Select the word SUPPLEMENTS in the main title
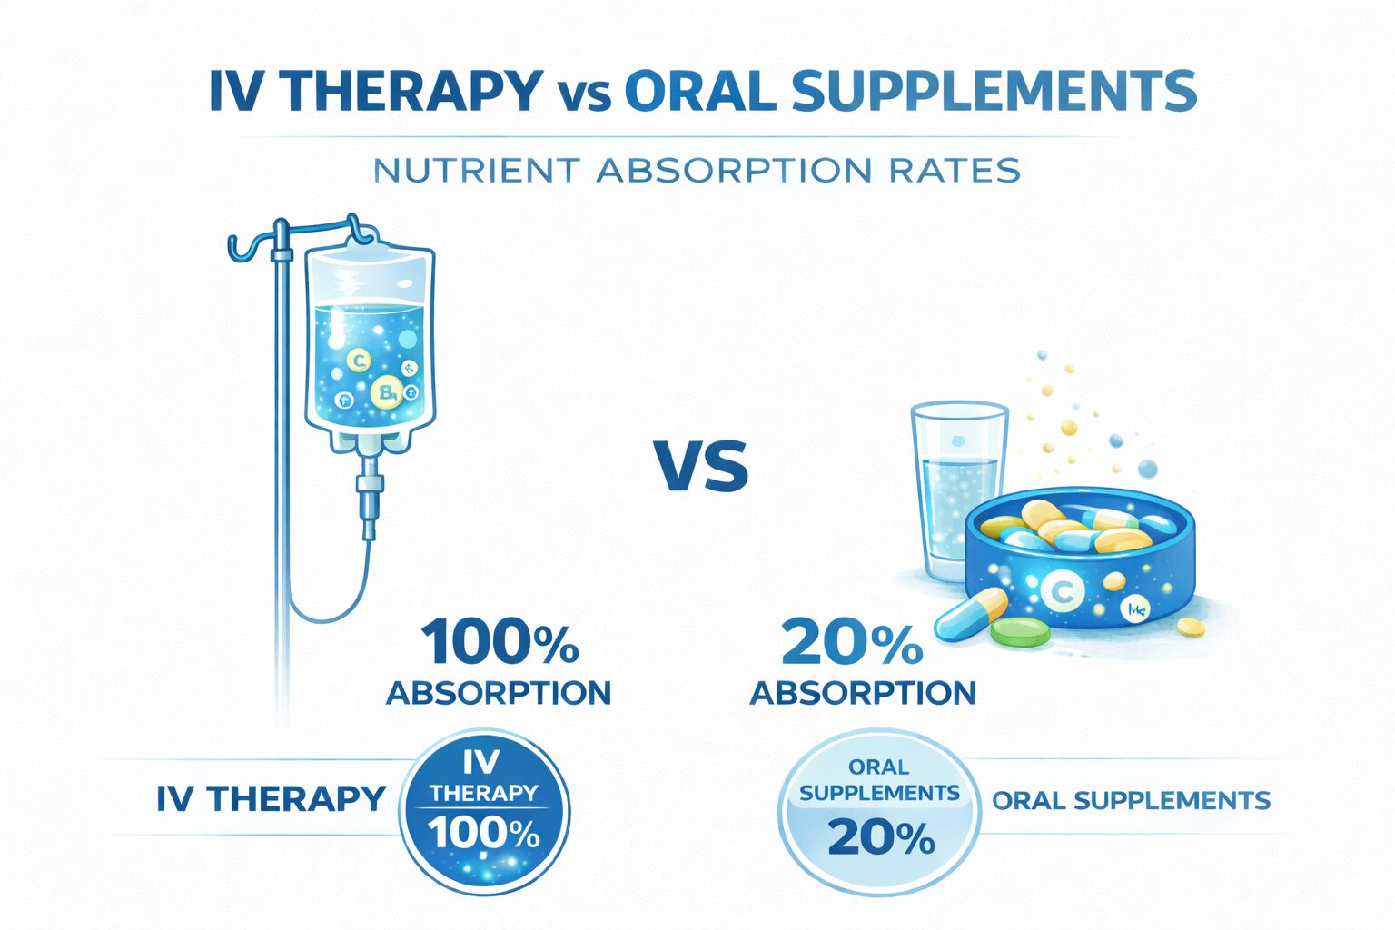994,91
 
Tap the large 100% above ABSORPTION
500,641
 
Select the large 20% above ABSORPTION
851,641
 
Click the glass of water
955,490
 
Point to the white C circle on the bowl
1060,593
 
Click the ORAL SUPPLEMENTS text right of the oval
1131,800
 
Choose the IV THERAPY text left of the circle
272,799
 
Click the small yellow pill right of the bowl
1191,627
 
